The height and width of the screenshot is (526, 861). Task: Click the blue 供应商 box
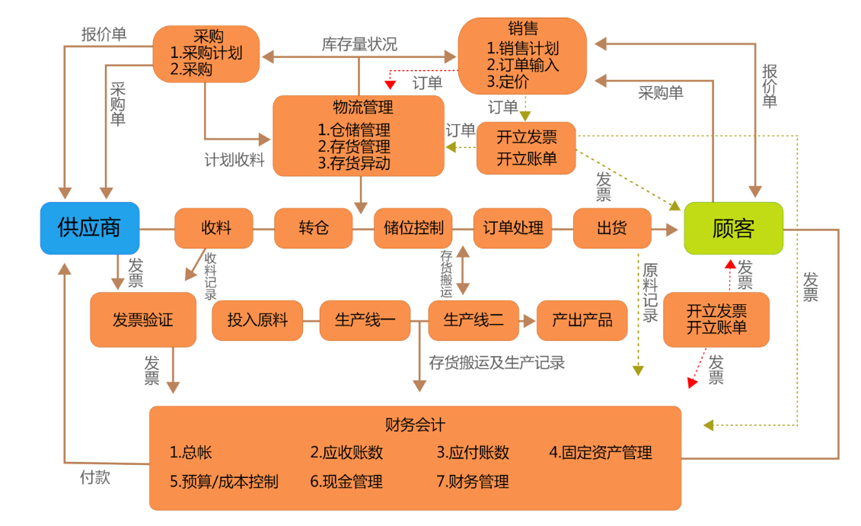[90, 228]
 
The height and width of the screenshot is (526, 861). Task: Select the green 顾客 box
[733, 228]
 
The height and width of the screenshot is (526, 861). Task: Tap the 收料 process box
[215, 228]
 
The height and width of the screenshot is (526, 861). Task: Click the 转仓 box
[314, 228]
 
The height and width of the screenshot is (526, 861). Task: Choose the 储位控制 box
[413, 228]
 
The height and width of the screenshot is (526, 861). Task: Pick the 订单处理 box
[512, 228]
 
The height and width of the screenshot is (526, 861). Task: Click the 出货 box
[612, 228]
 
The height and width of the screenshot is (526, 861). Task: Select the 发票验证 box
[142, 319]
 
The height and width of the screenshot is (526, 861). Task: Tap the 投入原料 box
[257, 320]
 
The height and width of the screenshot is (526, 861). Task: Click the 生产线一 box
[365, 320]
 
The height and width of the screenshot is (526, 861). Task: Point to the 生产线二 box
[473, 320]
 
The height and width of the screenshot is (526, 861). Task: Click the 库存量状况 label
[359, 44]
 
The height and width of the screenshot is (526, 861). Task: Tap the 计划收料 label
[234, 159]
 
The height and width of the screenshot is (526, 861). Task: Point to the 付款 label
[95, 477]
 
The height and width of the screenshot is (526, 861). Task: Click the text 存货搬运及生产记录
[496, 362]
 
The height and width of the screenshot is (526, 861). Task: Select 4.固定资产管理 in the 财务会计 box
[601, 452]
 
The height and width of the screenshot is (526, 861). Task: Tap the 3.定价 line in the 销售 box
[508, 82]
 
